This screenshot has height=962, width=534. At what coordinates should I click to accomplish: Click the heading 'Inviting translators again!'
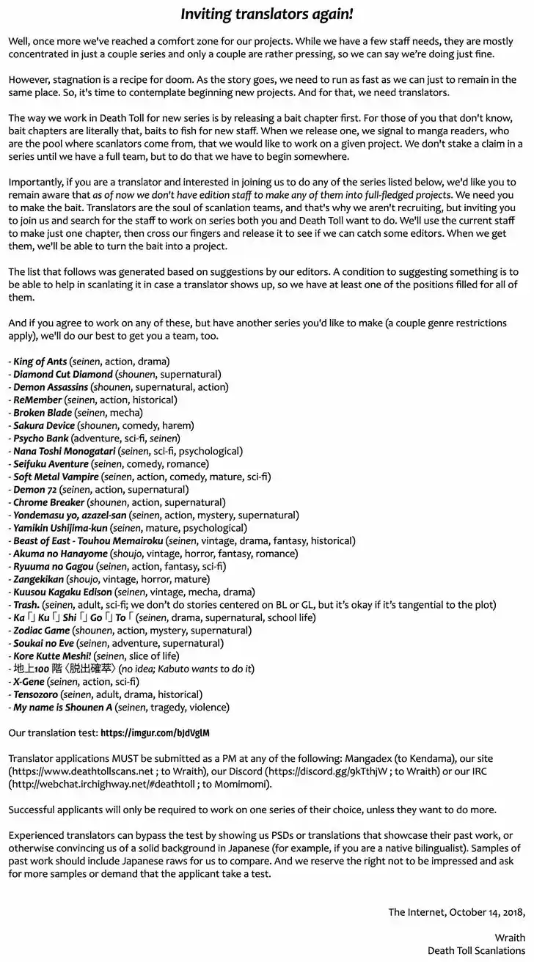pyautogui.click(x=267, y=14)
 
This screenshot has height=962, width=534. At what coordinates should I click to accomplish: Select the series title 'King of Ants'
pyautogui.click(x=40, y=361)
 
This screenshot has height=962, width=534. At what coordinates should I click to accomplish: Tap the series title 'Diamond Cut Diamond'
pyautogui.click(x=63, y=374)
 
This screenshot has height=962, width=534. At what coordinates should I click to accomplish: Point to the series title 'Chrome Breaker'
pyautogui.click(x=48, y=502)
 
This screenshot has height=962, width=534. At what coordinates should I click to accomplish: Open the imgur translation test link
pyautogui.click(x=156, y=732)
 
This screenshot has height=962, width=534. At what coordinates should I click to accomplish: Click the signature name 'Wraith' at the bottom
pyautogui.click(x=510, y=938)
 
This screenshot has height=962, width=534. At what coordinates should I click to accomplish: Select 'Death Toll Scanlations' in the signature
pyautogui.click(x=477, y=950)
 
